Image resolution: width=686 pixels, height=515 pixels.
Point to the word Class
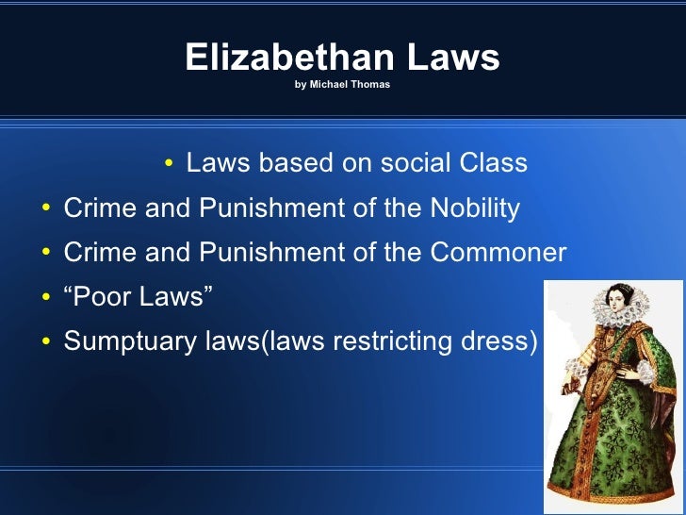(x=493, y=163)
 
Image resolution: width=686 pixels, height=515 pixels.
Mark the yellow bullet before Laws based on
(x=169, y=165)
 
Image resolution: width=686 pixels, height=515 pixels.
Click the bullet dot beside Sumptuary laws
(x=46, y=342)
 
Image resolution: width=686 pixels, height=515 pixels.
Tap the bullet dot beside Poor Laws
(x=46, y=298)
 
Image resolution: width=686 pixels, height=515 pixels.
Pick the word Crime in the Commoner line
(x=100, y=253)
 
